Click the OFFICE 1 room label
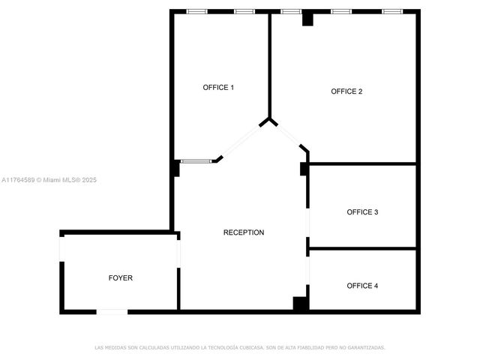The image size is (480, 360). (218, 88)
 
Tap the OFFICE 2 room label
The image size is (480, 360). (346, 91)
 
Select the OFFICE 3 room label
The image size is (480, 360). (362, 212)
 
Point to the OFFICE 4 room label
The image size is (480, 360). (362, 286)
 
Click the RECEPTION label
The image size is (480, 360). (244, 232)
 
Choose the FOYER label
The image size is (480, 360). (121, 278)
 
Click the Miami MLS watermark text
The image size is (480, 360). (49, 180)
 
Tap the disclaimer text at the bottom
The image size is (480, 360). (240, 347)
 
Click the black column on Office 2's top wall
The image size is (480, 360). (307, 19)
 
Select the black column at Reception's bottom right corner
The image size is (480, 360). (300, 304)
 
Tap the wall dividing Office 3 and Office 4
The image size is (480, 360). (362, 248)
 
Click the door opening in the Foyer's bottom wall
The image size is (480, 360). (112, 311)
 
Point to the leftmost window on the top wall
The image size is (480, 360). (197, 11)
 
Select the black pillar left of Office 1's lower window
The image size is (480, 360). (175, 168)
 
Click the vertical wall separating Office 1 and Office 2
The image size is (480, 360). (270, 64)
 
